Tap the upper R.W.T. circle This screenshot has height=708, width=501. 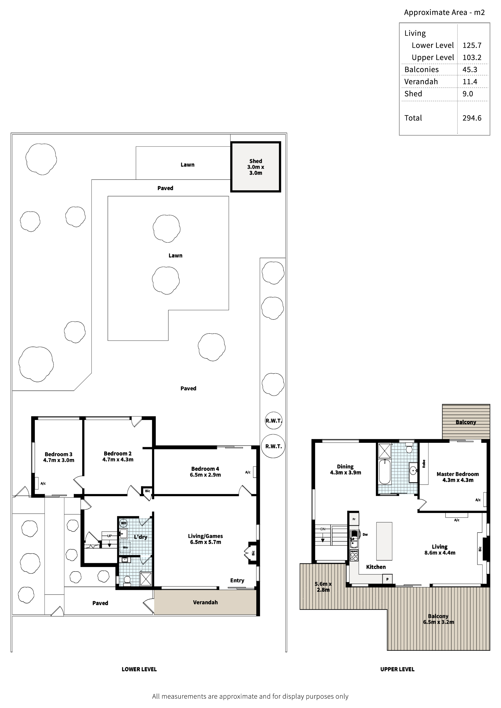click(x=274, y=421)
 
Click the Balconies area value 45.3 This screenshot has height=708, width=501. click(x=469, y=69)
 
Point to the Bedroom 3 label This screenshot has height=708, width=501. click(x=58, y=454)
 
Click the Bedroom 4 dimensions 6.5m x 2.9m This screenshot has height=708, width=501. click(x=205, y=475)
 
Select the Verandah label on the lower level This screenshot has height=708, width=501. click(x=205, y=602)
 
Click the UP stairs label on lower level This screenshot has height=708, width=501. click(x=109, y=536)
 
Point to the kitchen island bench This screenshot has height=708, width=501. click(x=384, y=541)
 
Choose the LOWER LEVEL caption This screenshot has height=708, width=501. click(x=139, y=669)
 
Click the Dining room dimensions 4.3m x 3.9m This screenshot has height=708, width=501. click(x=345, y=472)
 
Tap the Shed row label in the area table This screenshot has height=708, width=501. click(x=413, y=94)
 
